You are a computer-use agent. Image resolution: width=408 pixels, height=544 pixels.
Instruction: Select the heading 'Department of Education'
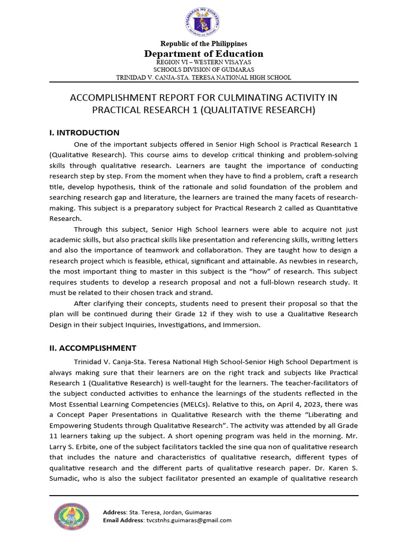pos(204,54)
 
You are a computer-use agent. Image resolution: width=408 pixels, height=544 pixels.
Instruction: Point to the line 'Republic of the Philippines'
pos(204,44)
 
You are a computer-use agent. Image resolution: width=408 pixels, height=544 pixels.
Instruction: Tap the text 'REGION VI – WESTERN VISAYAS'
pos(204,62)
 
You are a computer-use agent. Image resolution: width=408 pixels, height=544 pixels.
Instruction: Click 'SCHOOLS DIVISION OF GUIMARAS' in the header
pos(204,70)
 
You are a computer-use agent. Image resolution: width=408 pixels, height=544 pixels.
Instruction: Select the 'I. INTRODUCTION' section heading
pos(84,133)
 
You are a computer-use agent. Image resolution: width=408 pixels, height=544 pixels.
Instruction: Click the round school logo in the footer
pos(74,516)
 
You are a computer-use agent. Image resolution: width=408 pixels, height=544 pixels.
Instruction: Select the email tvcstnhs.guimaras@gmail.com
pos(189,520)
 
